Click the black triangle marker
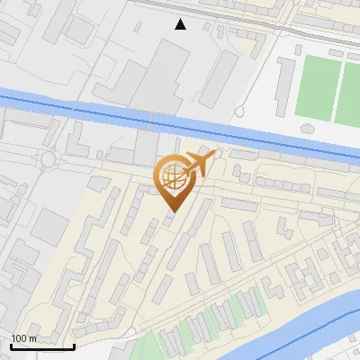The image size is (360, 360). tap(181, 24)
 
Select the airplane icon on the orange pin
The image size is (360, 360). tap(200, 163)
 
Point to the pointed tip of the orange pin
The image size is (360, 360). tap(171, 211)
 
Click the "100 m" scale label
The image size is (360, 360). tap(23, 337)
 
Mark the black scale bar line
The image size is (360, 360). tap(42, 346)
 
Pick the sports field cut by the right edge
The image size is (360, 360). tap(350, 91)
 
